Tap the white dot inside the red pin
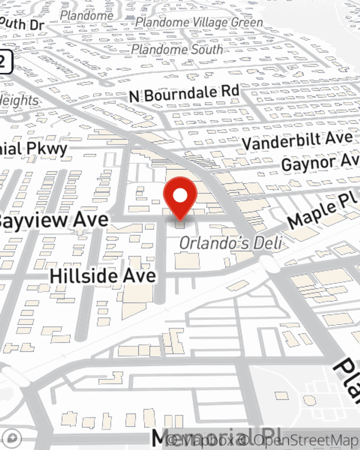pos(180,195)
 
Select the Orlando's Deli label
pos(230,243)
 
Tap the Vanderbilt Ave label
pos(297,141)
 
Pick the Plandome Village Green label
pos(199,22)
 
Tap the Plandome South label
pos(177,49)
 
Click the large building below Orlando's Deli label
pos(187,261)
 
